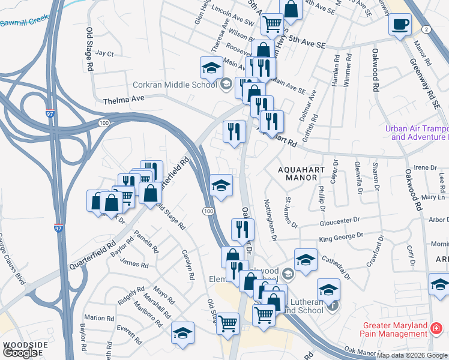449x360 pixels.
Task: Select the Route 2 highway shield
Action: [x=426, y=29]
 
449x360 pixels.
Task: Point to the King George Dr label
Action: [x=343, y=239]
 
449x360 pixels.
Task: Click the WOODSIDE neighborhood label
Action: [x=25, y=345]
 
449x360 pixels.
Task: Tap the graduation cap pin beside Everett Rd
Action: [x=183, y=334]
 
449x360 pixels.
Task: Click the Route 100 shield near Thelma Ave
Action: [x=104, y=122]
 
